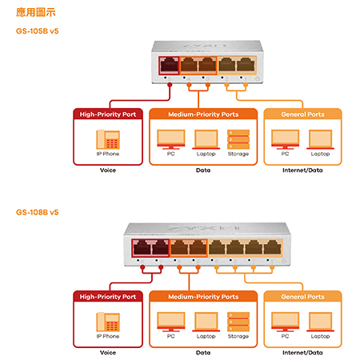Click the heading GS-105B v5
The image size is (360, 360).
pos(38,31)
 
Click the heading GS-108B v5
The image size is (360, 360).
pos(38,212)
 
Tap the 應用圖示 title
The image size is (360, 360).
pos(36,12)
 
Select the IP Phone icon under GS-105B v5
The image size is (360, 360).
pos(108,139)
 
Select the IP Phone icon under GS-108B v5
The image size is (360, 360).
pos(108,322)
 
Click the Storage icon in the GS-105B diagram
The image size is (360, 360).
pos(238,139)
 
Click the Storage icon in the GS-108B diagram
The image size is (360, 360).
pos(238,322)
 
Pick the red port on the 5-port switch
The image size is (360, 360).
pos(170,65)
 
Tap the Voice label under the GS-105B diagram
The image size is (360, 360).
pos(108,170)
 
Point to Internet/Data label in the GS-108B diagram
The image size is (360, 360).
pos(302,353)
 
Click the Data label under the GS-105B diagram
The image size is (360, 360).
pos(203,170)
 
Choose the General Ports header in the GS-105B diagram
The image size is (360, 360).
pos(302,114)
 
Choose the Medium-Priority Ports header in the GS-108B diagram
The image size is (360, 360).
pos(203,297)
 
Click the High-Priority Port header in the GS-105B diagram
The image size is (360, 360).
pos(108,114)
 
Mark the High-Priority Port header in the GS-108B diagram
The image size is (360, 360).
pos(108,297)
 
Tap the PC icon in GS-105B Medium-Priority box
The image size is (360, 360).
pos(171,139)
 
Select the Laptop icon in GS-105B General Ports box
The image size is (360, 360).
pos(320,139)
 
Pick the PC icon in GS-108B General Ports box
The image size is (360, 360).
pos(285,322)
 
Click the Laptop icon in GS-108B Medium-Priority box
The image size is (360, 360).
pos(206,322)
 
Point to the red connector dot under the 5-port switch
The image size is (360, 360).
pos(170,85)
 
